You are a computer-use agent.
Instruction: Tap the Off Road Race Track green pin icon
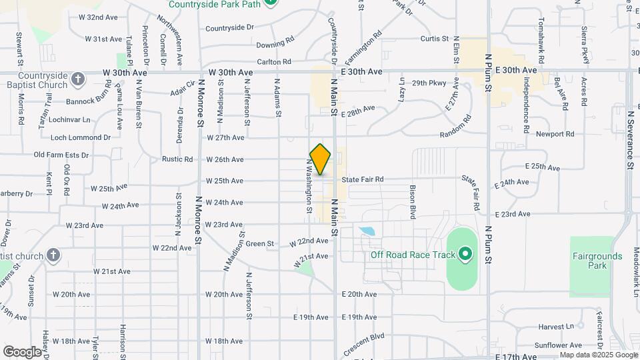point(465,254)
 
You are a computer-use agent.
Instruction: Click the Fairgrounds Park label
point(597,261)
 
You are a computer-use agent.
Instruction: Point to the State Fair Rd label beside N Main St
point(362,179)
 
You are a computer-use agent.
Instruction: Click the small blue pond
point(366,232)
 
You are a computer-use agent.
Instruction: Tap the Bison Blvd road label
point(413,201)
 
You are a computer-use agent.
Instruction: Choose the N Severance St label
point(630,139)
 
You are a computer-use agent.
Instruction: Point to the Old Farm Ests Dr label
point(61,155)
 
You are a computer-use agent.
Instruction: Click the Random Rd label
point(455,127)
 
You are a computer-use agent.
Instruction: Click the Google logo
point(22,351)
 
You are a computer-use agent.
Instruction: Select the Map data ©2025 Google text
point(598,355)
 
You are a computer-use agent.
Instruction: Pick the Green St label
point(261,244)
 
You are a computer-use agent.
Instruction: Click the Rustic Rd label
point(177,159)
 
